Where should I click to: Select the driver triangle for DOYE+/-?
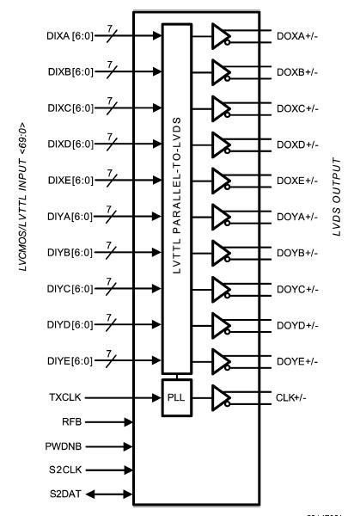click(x=222, y=359)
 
